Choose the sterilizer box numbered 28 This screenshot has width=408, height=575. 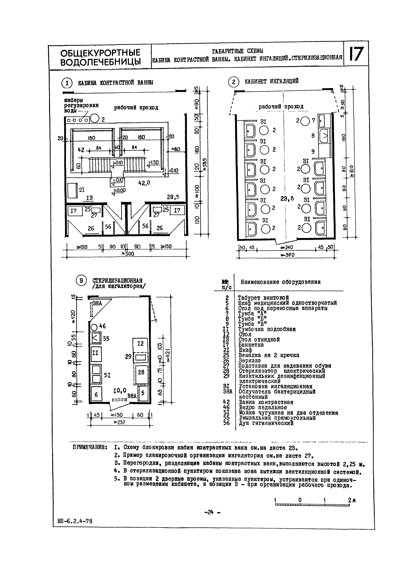click(x=141, y=373)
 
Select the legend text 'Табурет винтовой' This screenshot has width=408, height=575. click(x=263, y=298)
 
